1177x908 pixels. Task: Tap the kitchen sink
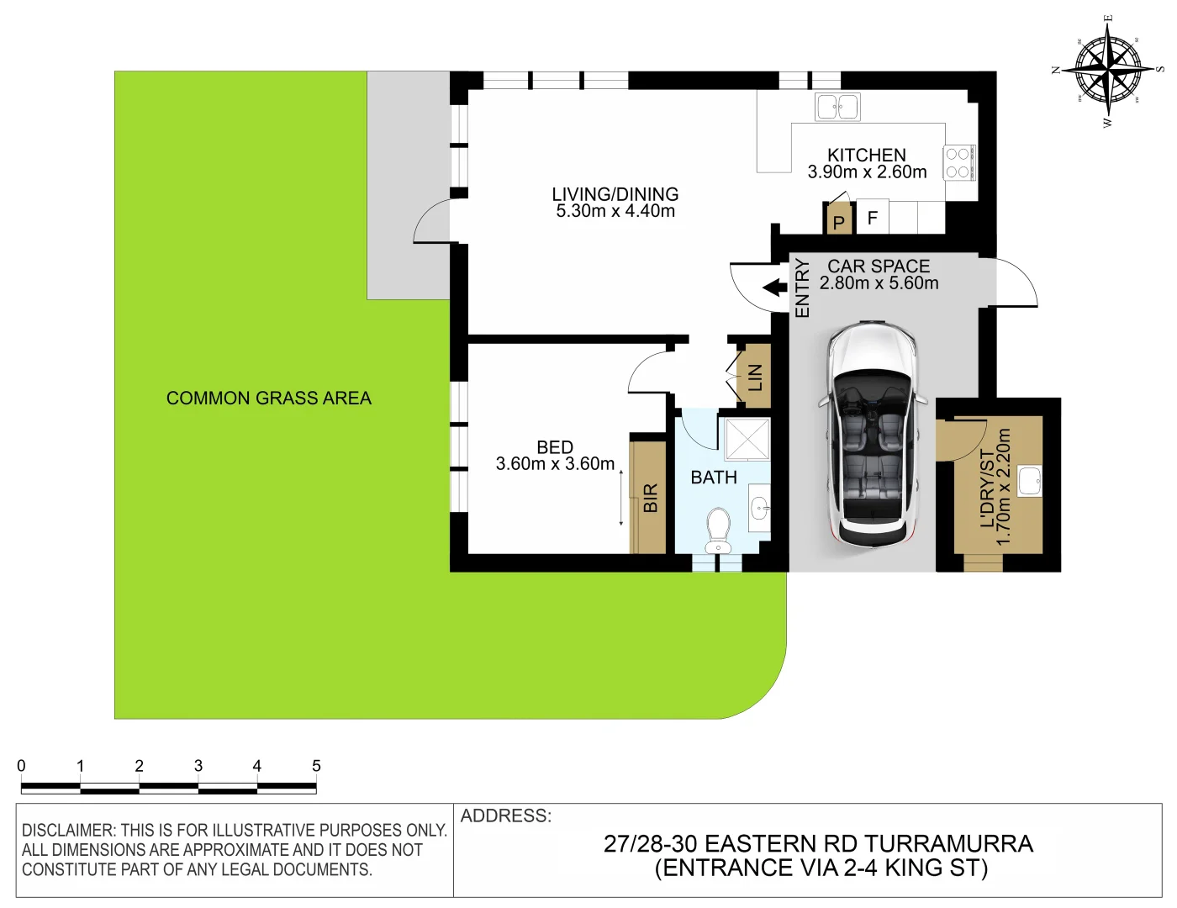point(837,107)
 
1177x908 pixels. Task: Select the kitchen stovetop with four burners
point(958,163)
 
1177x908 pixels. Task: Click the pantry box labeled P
point(838,221)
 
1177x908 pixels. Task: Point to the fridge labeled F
point(872,218)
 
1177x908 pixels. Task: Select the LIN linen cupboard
point(754,377)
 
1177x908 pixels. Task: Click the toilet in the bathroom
point(718,531)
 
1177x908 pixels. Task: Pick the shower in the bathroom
point(747,437)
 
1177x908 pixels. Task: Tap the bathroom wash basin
point(760,508)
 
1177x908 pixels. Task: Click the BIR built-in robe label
point(650,498)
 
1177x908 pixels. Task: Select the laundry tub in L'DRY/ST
point(1030,482)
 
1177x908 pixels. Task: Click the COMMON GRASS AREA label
point(268,399)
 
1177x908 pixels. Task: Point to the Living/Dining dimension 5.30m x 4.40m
point(615,212)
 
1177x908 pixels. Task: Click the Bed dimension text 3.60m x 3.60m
point(555,464)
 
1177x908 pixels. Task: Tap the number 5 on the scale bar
point(316,766)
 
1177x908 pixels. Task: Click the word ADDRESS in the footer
point(505,816)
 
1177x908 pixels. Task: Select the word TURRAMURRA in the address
point(948,844)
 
